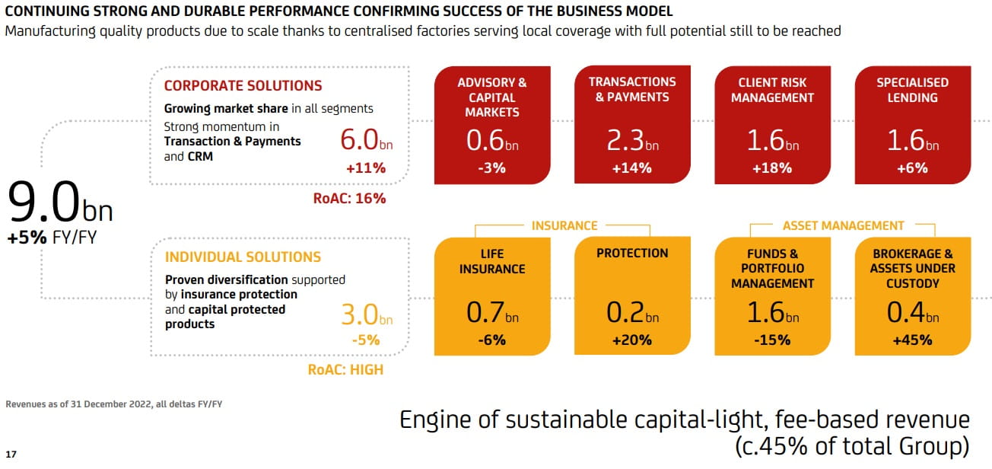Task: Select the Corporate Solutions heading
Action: [x=243, y=86]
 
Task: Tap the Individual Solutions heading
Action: [x=243, y=257]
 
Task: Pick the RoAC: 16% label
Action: [x=349, y=199]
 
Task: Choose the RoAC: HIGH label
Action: [x=345, y=370]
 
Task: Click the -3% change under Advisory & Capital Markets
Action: [x=491, y=168]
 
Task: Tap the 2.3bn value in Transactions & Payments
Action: [x=631, y=142]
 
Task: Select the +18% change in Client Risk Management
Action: [x=772, y=168]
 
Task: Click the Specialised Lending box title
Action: [x=912, y=90]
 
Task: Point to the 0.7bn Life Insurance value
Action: [x=491, y=313]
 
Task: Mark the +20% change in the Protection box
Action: [x=631, y=340]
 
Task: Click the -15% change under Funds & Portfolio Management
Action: [x=772, y=340]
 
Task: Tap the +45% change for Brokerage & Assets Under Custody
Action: [x=912, y=340]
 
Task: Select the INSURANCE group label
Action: [x=564, y=225]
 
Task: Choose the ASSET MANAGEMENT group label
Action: [x=843, y=225]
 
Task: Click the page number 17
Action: [x=10, y=455]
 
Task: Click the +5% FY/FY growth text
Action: [x=52, y=238]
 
